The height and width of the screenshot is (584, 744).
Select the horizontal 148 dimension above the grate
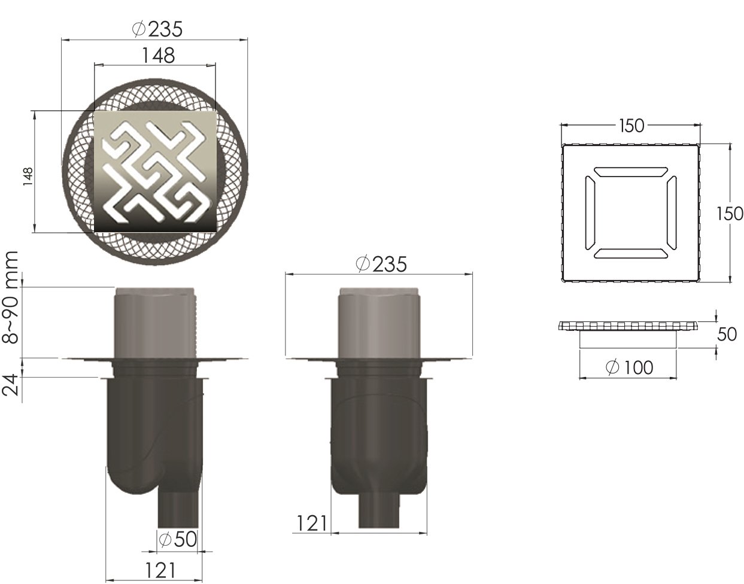[158, 55]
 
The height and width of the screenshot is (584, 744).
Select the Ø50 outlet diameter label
[177, 539]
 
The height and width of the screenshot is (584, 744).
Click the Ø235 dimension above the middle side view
[381, 263]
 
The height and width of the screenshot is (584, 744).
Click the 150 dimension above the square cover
[631, 126]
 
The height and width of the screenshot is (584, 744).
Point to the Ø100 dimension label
[630, 367]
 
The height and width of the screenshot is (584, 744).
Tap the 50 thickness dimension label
[727, 334]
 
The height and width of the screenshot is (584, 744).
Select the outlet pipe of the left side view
[177, 509]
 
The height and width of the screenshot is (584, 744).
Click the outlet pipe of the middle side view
[379, 512]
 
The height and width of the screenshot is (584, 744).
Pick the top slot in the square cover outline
[630, 172]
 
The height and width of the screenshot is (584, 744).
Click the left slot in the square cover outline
[590, 214]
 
